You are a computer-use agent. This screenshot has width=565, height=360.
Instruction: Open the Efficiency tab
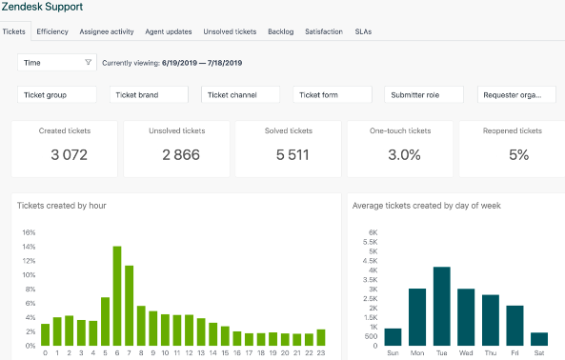[52, 31]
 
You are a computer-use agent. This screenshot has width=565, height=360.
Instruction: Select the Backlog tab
[280, 31]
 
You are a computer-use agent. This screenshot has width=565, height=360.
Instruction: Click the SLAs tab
[363, 31]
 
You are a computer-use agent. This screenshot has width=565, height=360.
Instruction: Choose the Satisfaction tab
[324, 31]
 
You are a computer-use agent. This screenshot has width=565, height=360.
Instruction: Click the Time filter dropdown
[57, 63]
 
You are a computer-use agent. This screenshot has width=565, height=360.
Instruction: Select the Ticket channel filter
[240, 95]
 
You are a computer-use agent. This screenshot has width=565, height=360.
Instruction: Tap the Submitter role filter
[424, 95]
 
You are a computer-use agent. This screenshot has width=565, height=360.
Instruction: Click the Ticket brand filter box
[149, 95]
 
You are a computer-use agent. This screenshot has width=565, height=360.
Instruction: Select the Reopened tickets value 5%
[518, 155]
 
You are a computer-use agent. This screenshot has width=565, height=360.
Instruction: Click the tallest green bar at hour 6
[117, 295]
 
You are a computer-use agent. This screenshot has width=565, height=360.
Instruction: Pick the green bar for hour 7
[129, 305]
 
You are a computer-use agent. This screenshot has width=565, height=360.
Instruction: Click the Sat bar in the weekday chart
[539, 338]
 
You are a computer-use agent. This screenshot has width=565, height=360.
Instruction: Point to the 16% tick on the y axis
[28, 232]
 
